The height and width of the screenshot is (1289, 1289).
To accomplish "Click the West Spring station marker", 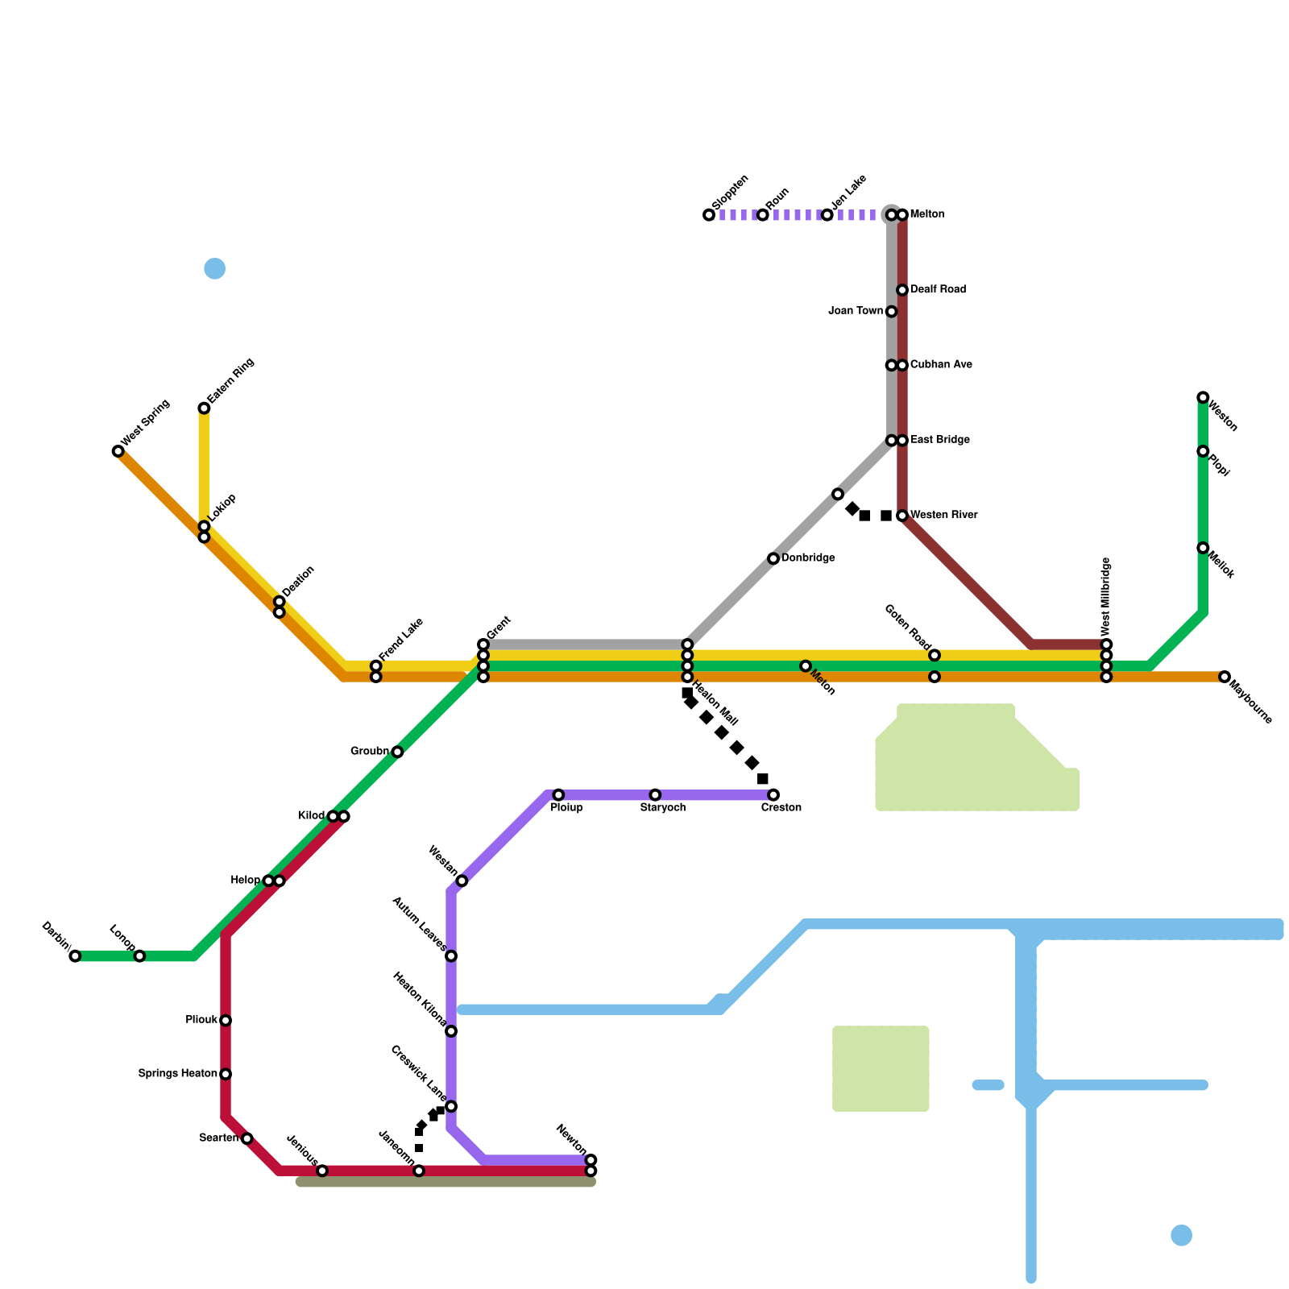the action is coord(118,451).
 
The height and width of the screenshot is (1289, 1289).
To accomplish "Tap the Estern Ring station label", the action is coord(231,381).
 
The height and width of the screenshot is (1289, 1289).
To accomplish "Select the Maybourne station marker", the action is coord(1225,677).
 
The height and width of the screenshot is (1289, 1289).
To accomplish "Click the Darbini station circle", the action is coord(75,956).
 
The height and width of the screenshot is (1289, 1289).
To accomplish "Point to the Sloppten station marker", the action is coord(709,215).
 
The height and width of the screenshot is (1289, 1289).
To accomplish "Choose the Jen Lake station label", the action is coord(849,191).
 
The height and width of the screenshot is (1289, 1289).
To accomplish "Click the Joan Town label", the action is coord(856,311).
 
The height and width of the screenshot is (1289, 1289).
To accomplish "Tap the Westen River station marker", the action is coord(902,516).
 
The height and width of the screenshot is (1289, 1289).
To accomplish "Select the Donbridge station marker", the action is coord(773,558).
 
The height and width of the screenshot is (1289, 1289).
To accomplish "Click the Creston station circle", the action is coord(773,795).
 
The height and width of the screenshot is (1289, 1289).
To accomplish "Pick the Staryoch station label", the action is coord(663,808).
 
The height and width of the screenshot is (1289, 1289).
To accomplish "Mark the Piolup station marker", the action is coord(558,795).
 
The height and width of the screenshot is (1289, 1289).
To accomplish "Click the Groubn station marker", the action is coord(397,752).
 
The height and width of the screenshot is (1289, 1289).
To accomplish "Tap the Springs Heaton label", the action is coord(177,1074).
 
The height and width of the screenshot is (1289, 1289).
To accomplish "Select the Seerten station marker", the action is coord(247,1138).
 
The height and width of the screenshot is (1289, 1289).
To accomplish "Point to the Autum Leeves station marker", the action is coord(451,956).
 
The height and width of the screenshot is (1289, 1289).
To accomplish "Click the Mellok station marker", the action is coord(1203,548).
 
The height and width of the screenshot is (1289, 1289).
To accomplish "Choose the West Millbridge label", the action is coord(1107,596).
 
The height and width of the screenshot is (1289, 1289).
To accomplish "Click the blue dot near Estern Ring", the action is coord(215,268).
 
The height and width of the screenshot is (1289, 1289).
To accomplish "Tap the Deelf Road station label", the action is coord(938,289).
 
